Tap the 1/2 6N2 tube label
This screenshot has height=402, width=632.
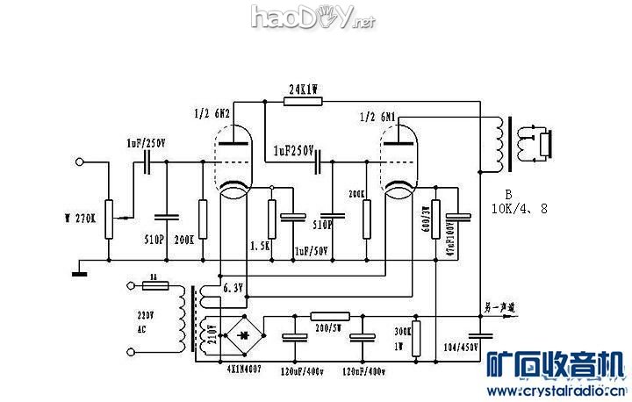point(212,113)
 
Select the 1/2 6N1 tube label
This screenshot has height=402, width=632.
point(378,116)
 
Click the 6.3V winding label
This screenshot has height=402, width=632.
point(233,288)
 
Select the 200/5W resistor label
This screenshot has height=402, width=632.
point(329,327)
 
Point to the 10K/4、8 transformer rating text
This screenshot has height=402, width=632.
point(521,209)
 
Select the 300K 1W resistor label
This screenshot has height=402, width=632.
point(401,337)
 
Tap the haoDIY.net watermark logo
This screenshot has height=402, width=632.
point(312,18)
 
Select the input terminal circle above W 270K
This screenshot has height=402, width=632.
point(80,162)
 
